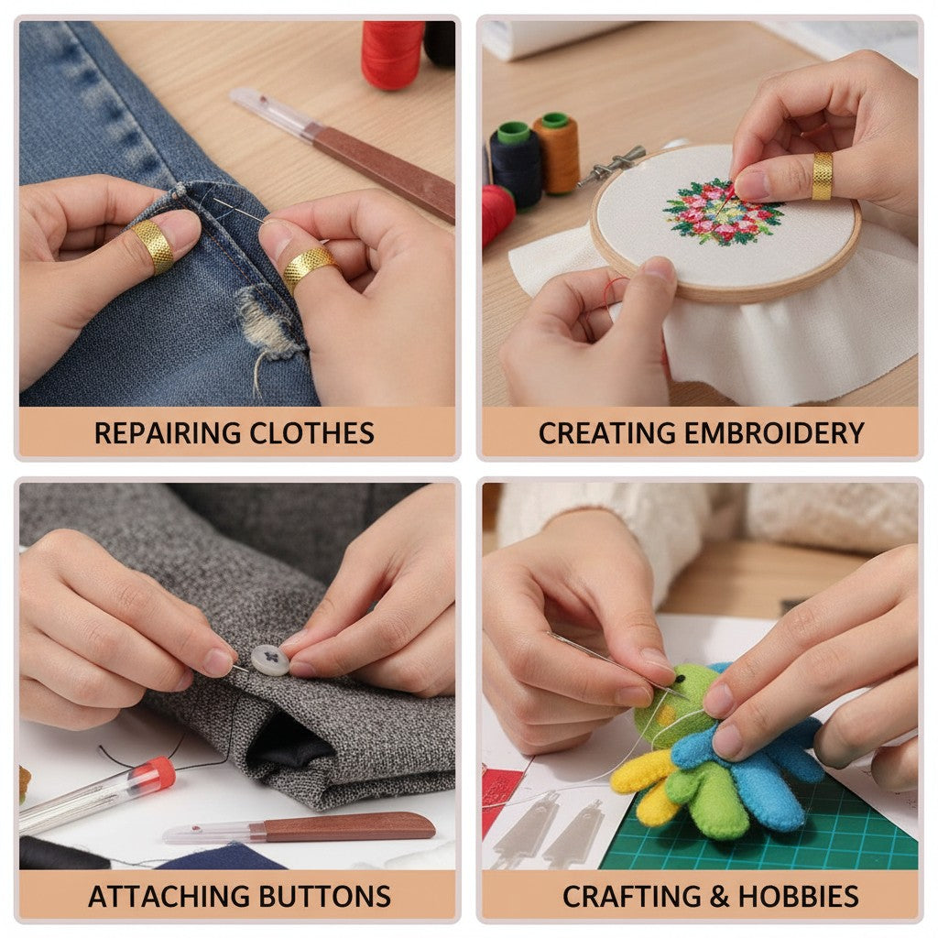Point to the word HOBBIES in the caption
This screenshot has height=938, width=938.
click(799, 896)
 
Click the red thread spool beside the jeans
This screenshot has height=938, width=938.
click(392, 54)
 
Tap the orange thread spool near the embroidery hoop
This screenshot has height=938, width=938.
click(556, 153)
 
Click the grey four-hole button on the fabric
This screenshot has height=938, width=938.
click(270, 660)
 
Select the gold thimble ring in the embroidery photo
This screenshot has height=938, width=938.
click(822, 176)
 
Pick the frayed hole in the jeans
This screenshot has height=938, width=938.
click(269, 323)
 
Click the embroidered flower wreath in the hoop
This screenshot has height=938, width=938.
click(723, 212)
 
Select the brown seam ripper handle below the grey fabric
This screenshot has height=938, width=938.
click(348, 827)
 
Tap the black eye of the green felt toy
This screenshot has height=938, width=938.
click(681, 679)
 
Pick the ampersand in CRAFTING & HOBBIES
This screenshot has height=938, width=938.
click(718, 896)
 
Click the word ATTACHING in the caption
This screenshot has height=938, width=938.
click(169, 896)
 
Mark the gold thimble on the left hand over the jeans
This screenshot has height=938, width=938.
click(154, 245)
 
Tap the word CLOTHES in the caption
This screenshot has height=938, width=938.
click(311, 433)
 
